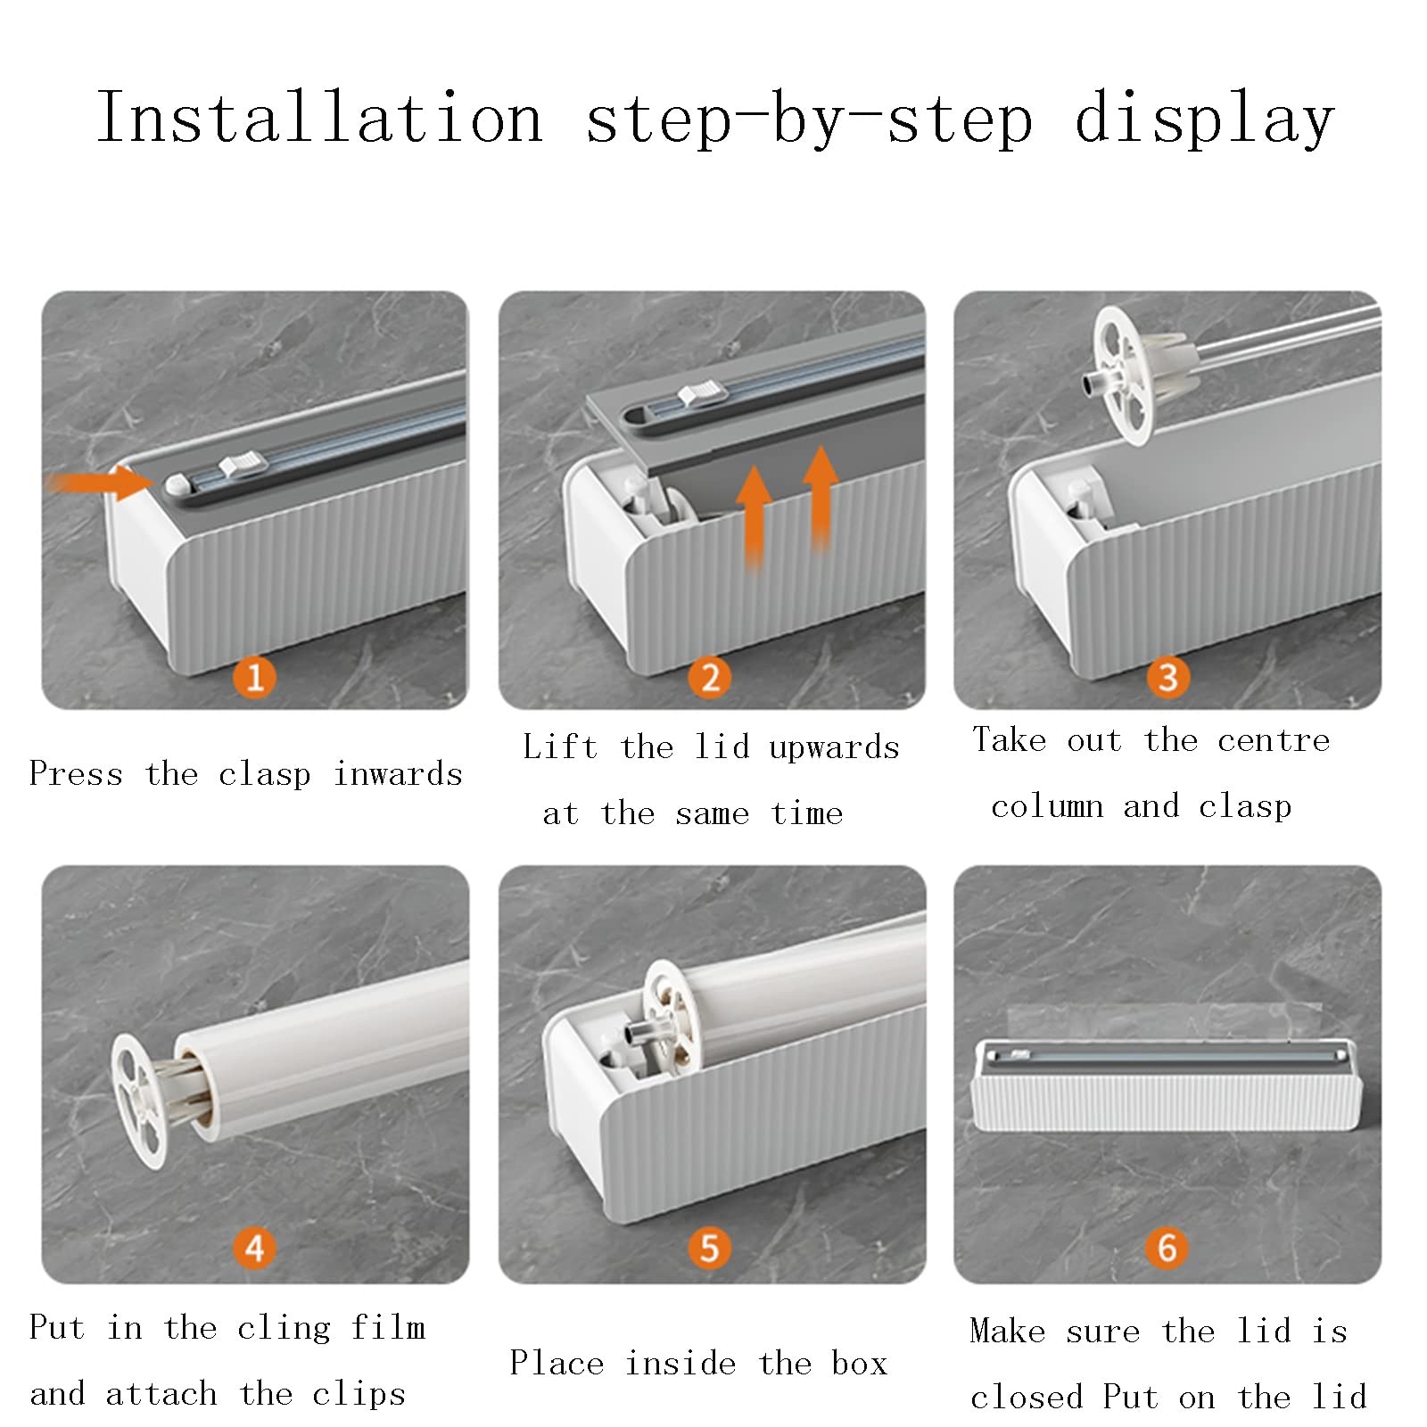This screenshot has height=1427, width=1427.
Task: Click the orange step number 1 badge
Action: (255, 677)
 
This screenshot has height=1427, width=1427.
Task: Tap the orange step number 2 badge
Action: (710, 677)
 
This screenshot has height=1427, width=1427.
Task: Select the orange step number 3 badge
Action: (1167, 677)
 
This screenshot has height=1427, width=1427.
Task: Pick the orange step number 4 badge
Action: (255, 1248)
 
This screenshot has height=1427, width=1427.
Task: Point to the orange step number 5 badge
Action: (710, 1248)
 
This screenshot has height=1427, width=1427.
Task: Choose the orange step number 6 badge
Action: (1167, 1248)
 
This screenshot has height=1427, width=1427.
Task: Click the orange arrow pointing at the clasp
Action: (100, 483)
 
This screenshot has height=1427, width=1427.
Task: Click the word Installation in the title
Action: (320, 117)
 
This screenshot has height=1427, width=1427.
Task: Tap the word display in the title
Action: (1204, 120)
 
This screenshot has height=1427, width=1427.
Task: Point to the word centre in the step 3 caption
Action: (1274, 740)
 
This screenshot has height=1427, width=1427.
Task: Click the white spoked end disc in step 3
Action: (1127, 375)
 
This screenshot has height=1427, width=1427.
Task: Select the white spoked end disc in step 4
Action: (139, 1101)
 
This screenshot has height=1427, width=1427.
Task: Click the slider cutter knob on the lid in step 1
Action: (243, 464)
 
